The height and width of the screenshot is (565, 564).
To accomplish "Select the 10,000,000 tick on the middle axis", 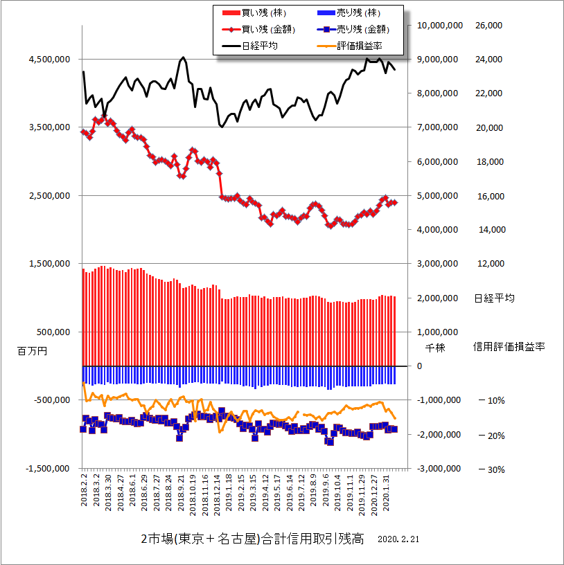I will click(x=439, y=26).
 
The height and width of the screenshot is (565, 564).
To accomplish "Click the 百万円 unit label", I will click(x=32, y=352).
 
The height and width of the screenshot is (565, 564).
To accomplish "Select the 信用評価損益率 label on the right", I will click(x=509, y=346).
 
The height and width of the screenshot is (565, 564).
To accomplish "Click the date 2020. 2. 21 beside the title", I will click(x=400, y=539).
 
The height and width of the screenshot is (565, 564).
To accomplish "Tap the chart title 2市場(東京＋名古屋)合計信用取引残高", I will click(x=252, y=539).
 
